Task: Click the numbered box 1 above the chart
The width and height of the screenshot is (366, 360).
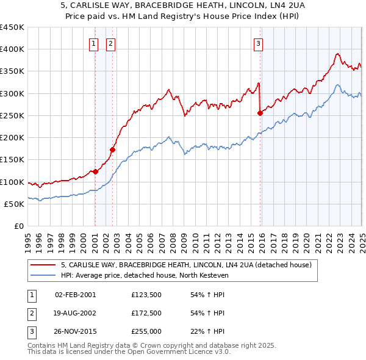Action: point(94,43)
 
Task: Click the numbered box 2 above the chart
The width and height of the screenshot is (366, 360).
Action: point(110,43)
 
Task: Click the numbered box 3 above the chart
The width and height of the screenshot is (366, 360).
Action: point(258,43)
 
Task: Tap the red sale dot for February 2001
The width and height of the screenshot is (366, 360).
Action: point(95,171)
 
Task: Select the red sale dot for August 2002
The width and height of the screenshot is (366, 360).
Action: point(112,149)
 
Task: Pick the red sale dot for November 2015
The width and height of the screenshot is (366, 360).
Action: point(260,113)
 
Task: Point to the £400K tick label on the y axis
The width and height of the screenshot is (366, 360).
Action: point(12,49)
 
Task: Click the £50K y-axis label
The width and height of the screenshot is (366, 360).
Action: point(15,204)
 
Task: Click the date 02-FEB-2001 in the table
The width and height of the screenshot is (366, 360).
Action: point(75,295)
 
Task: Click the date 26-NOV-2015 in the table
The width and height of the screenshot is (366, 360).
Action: point(75,333)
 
